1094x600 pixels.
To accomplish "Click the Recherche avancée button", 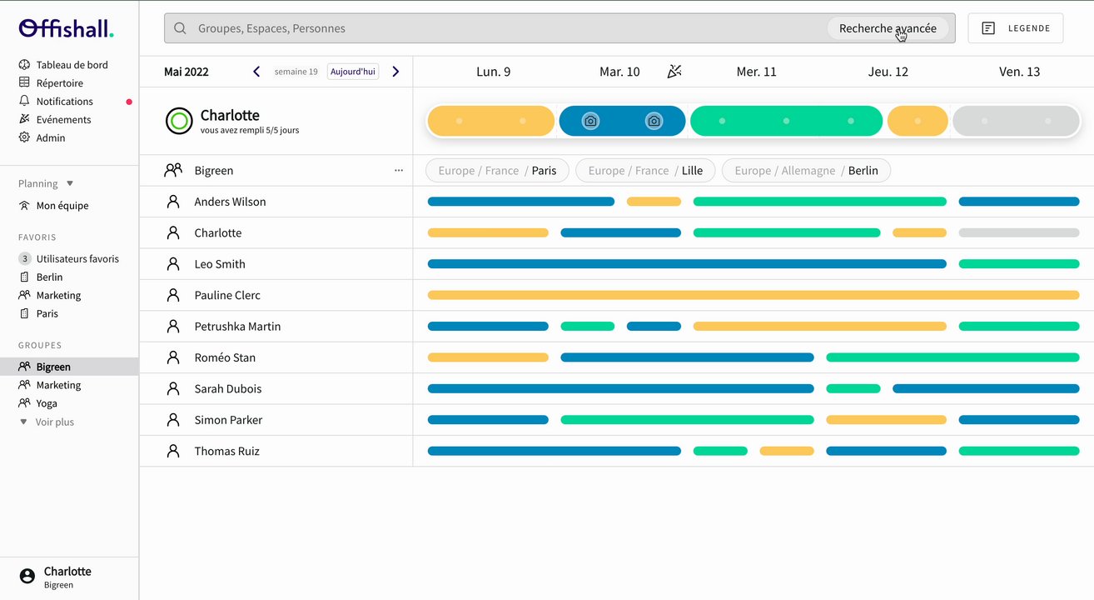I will tap(888, 28).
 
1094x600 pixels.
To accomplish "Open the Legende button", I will tap(1015, 28).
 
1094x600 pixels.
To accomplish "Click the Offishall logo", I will tap(66, 28).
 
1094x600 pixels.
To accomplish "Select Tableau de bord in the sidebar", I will tap(72, 65).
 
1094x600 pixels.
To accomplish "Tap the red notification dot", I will tap(129, 102).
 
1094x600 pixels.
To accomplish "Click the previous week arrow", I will tap(256, 72).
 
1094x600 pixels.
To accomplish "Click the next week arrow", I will tap(395, 72).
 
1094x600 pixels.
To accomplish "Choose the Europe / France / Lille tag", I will tap(645, 171).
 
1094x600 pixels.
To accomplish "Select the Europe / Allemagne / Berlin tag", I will tap(806, 171).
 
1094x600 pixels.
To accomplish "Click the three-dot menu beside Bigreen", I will tap(398, 171).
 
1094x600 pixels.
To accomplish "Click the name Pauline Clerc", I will tap(227, 295).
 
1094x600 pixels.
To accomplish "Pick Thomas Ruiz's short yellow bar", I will tap(786, 451).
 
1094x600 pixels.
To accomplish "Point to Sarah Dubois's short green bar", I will tap(853, 388).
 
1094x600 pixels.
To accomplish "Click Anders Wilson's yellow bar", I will tap(654, 202).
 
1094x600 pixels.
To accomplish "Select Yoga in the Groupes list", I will tap(47, 403).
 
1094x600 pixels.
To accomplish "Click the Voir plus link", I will tap(54, 422).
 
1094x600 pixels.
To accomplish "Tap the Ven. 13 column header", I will tap(1019, 72).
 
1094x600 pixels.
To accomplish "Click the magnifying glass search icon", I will tap(180, 28).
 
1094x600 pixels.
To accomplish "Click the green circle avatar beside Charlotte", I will tap(179, 121).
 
